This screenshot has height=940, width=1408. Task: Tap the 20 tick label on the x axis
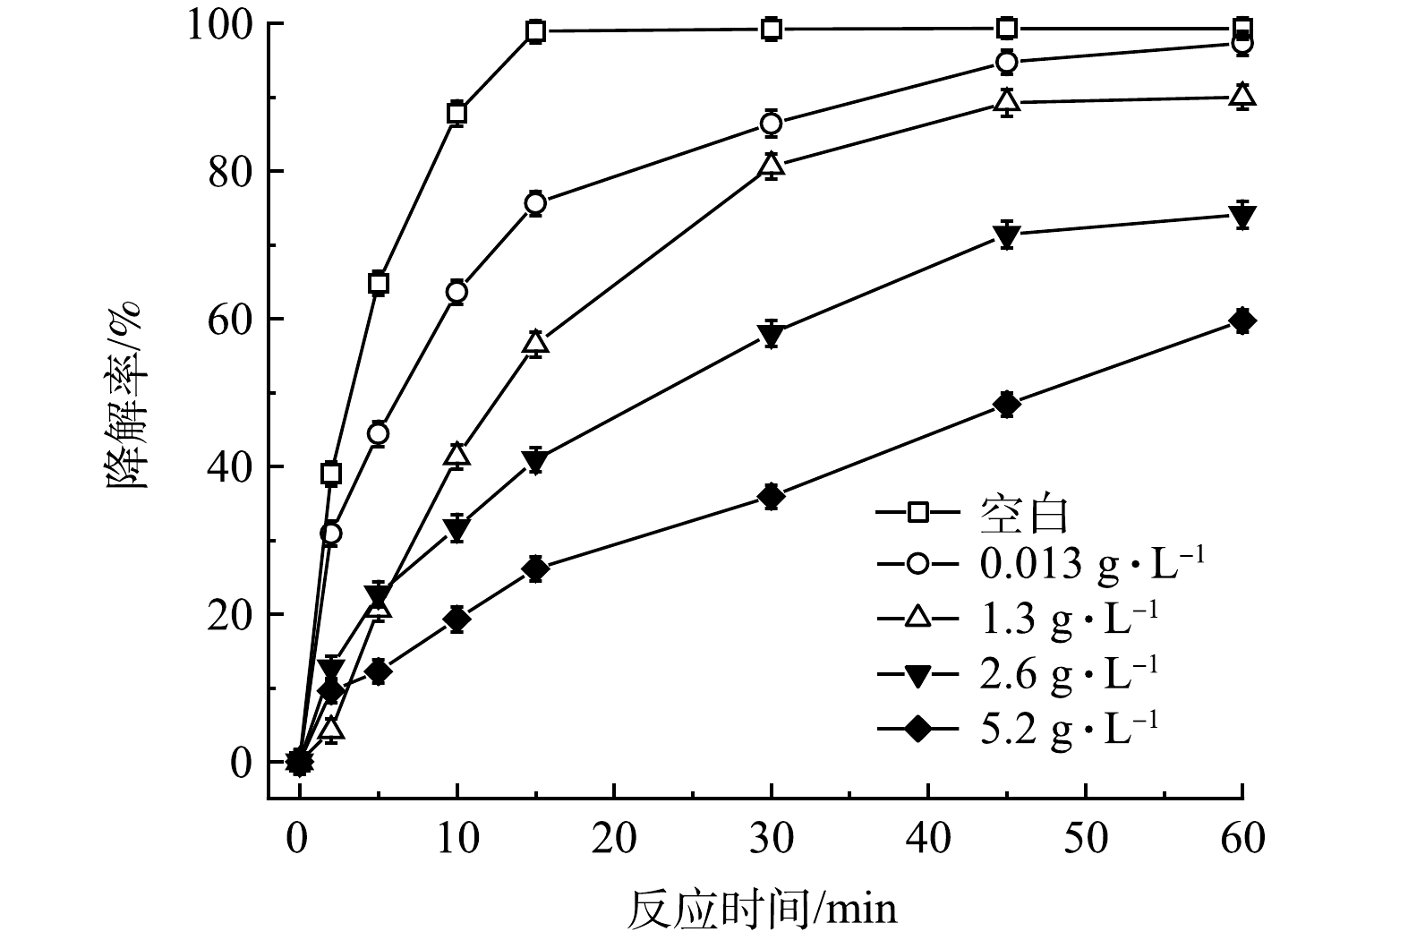coord(614,840)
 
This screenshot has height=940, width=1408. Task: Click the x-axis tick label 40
coord(928,840)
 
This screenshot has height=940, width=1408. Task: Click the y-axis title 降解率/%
coord(124,394)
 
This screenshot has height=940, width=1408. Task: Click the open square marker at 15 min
coord(535,31)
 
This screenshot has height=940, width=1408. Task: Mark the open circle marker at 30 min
coord(771,124)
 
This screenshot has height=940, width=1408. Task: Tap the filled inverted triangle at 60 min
coord(1242,216)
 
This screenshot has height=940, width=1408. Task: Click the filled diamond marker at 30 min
coord(771,496)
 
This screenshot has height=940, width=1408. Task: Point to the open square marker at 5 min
coord(378,284)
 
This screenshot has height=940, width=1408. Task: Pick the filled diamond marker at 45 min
coord(1007,405)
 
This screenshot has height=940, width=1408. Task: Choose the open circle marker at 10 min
coord(457,292)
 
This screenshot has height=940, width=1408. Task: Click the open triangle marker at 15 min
coord(535,342)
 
